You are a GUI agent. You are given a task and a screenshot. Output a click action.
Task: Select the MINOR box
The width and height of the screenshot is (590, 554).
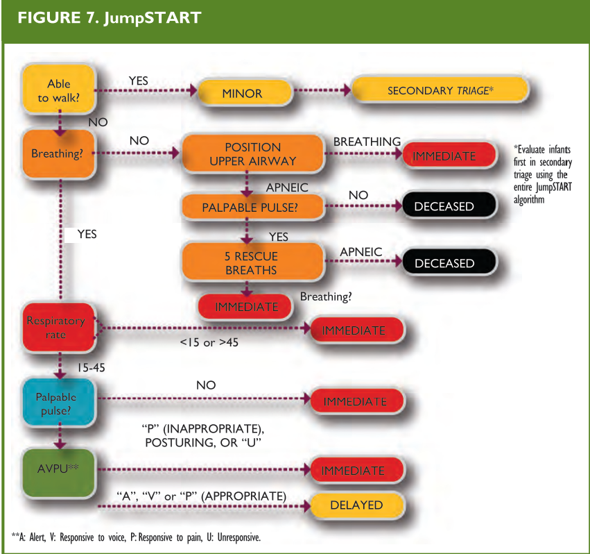click(242, 93)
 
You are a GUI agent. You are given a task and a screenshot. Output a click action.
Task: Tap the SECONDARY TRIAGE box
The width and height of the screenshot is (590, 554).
click(440, 91)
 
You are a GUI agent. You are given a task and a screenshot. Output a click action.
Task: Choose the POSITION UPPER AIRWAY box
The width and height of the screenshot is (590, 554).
click(252, 154)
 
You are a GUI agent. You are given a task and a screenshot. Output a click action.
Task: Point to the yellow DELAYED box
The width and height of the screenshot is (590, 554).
click(357, 505)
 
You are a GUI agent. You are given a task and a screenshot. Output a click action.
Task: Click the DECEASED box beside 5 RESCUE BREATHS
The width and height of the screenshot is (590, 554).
click(444, 264)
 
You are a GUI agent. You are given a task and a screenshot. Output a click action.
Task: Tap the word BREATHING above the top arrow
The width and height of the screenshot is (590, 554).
click(367, 142)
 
